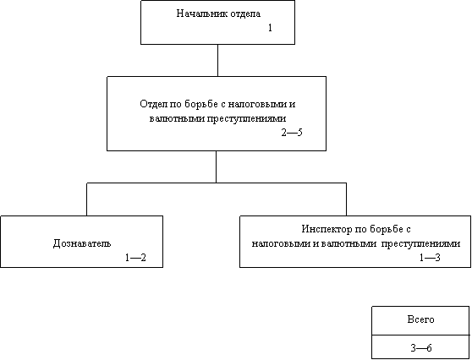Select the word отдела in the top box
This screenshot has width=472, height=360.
click(x=245, y=14)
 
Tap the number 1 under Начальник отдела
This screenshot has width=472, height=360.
click(x=270, y=28)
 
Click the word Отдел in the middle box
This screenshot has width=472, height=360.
click(x=151, y=104)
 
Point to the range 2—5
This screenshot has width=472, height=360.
click(x=292, y=133)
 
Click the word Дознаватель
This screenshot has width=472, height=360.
click(x=82, y=243)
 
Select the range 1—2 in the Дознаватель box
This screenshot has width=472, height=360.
click(x=135, y=258)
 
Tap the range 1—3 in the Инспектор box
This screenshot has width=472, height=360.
click(x=430, y=258)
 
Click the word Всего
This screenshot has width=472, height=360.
click(x=420, y=319)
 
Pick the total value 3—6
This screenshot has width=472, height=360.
click(x=421, y=348)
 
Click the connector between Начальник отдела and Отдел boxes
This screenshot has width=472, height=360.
click(x=217, y=61)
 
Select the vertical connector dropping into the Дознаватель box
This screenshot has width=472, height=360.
click(x=86, y=199)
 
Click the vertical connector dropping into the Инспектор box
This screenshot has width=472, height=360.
click(x=346, y=199)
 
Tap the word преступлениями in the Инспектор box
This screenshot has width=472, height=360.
click(x=420, y=243)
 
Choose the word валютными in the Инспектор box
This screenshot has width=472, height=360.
click(x=349, y=243)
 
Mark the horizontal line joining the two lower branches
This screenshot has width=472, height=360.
click(x=217, y=183)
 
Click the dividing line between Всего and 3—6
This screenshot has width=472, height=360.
click(x=420, y=335)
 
